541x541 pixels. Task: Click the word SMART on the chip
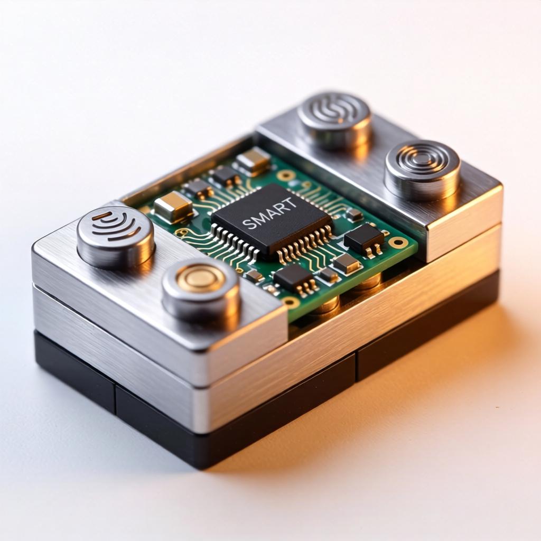[x=269, y=213]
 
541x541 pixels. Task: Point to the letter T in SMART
[x=291, y=203]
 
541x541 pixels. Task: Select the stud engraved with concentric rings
[x=422, y=168]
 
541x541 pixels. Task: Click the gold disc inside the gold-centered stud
[x=201, y=278]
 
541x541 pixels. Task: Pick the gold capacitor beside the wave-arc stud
[x=173, y=207]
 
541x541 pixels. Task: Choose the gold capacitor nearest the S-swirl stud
[x=253, y=161]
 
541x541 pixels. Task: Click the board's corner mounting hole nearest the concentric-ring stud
[x=398, y=242]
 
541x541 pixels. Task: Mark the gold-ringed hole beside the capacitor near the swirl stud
[x=286, y=175]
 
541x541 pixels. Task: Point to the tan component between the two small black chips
[x=346, y=263]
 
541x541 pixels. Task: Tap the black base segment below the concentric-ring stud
[x=428, y=328]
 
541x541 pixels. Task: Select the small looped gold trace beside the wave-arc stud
[x=182, y=232]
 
